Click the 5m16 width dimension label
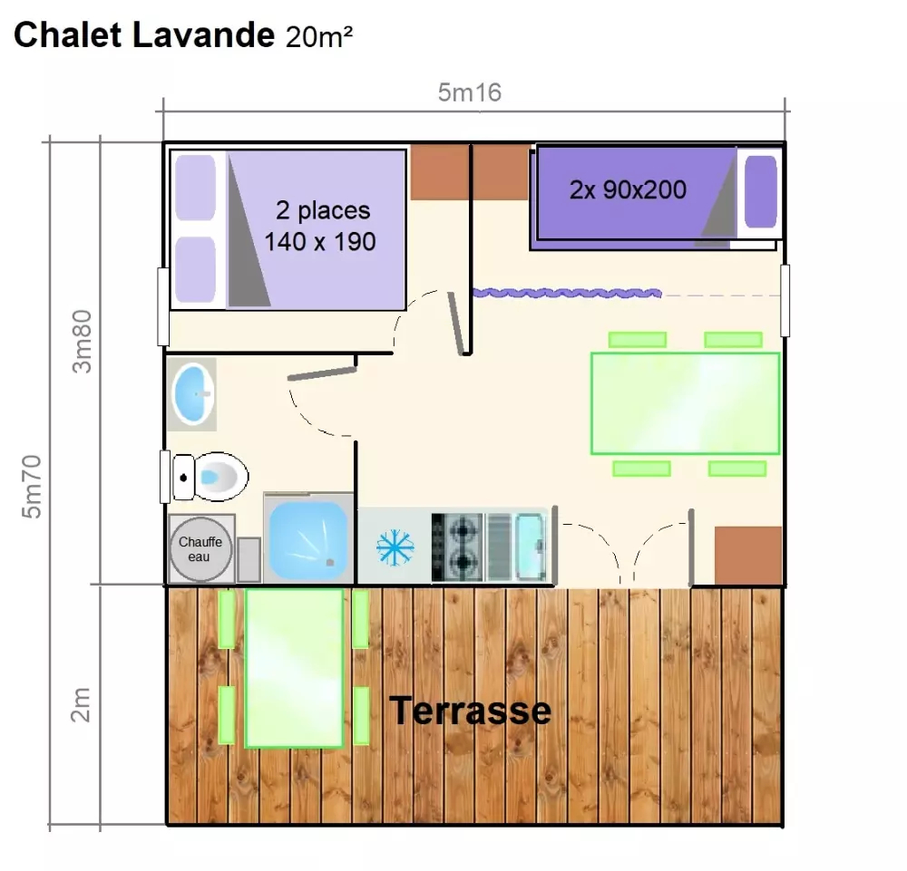click(469, 92)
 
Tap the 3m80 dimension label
click(83, 341)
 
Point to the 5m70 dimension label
click(32, 486)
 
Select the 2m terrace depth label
click(81, 704)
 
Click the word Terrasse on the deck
click(470, 710)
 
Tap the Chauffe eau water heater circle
click(200, 548)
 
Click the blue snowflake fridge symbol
click(395, 547)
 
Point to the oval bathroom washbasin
click(192, 393)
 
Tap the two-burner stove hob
click(457, 547)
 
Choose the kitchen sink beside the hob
click(531, 547)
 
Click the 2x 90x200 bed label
click(628, 189)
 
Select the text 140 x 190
click(320, 241)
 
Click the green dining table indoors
click(685, 403)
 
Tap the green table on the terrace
click(294, 668)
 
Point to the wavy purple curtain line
click(567, 293)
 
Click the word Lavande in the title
click(203, 34)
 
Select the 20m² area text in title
click(318, 36)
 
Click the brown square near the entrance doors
click(748, 556)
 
